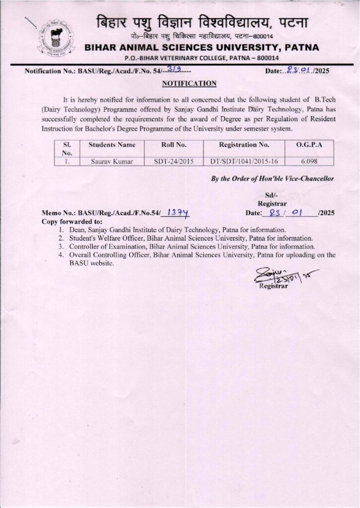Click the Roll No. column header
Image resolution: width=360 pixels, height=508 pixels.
[x=174, y=145]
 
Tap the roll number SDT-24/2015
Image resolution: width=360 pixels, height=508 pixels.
[x=174, y=161]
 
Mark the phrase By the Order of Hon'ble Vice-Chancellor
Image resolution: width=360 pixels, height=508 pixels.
[x=273, y=179]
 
